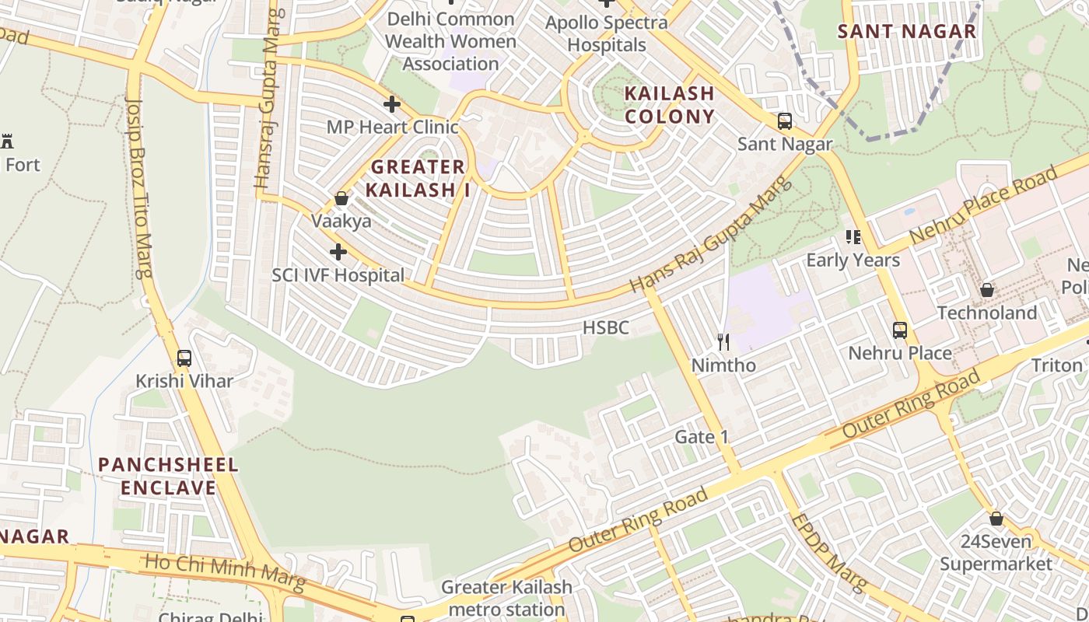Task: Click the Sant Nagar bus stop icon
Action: point(785,121)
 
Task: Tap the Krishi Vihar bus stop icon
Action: point(184,358)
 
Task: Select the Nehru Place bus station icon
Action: point(900,330)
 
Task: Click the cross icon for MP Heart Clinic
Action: point(392,103)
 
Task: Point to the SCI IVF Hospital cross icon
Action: point(338,252)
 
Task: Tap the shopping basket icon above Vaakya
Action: point(341,198)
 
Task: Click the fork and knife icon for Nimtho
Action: point(723,341)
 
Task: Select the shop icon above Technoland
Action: point(987,290)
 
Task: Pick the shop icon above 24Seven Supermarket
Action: point(996,519)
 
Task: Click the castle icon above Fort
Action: point(8,142)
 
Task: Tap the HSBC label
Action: point(606,328)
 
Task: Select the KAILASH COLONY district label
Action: point(670,105)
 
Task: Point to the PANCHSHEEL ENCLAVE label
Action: point(168,477)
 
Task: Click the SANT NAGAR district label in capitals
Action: point(906,32)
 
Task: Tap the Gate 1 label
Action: point(702,437)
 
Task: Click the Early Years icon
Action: point(853,236)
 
